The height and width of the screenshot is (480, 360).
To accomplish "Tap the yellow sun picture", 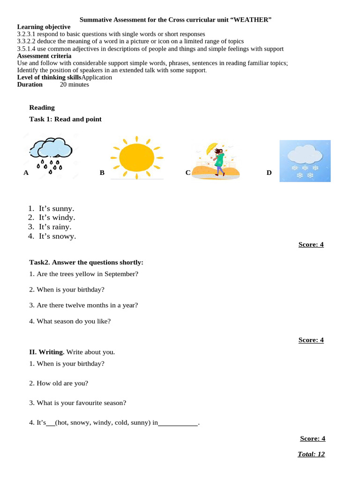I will pyautogui.click(x=136, y=157).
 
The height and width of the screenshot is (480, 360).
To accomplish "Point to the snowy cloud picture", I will pyautogui.click(x=305, y=161).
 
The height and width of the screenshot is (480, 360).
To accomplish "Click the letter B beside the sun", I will pyautogui.click(x=102, y=172).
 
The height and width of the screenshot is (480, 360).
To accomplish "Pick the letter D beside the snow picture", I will pyautogui.click(x=269, y=172).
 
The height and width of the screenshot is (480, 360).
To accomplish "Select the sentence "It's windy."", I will pyautogui.click(x=57, y=217).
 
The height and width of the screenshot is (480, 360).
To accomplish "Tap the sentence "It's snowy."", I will pyautogui.click(x=57, y=236).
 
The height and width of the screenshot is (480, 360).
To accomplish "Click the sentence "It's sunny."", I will pyautogui.click(x=56, y=209).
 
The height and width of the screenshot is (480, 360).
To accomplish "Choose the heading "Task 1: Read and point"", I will pyautogui.click(x=65, y=119).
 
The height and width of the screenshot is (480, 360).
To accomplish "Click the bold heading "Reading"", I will pyautogui.click(x=42, y=107).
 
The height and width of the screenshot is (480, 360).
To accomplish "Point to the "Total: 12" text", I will pyautogui.click(x=311, y=454).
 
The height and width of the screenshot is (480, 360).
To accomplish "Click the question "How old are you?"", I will pyautogui.click(x=59, y=383).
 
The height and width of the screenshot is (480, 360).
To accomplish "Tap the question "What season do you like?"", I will pyautogui.click(x=70, y=321).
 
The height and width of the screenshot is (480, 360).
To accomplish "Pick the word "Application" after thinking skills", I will pyautogui.click(x=97, y=77).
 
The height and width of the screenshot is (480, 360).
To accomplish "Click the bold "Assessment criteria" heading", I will pyautogui.click(x=44, y=56).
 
